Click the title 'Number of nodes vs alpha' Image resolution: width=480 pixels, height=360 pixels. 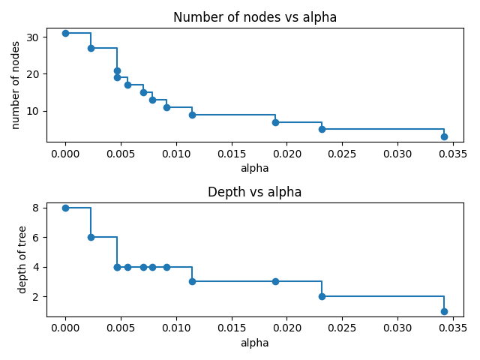tap(255, 17)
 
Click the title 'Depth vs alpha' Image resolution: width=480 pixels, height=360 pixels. tap(255, 192)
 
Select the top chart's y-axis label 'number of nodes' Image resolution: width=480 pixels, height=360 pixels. tap(16, 85)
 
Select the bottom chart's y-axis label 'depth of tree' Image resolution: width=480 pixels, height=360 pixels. tap(22, 259)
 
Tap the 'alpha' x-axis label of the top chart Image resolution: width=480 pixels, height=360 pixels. tap(255, 168)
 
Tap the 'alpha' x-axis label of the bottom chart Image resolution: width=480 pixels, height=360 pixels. tap(255, 343)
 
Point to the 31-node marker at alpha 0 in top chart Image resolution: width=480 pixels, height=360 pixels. tap(65, 33)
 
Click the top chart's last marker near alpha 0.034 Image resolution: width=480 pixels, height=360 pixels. tap(444, 136)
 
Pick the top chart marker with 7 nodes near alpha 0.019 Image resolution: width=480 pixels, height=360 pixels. tap(275, 122)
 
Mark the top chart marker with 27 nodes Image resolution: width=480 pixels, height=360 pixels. tap(91, 48)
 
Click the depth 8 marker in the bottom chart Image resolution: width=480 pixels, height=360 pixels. tap(65, 208)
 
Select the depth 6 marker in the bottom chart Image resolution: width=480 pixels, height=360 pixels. tap(91, 237)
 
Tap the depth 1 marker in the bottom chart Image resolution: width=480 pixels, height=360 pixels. tap(444, 311)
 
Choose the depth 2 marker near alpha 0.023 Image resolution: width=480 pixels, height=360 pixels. tap(322, 296)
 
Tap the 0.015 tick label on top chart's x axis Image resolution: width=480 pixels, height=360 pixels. tap(231, 154)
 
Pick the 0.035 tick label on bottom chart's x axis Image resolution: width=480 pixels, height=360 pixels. tap(452, 329)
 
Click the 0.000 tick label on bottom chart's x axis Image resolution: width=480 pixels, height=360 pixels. tap(65, 329)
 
